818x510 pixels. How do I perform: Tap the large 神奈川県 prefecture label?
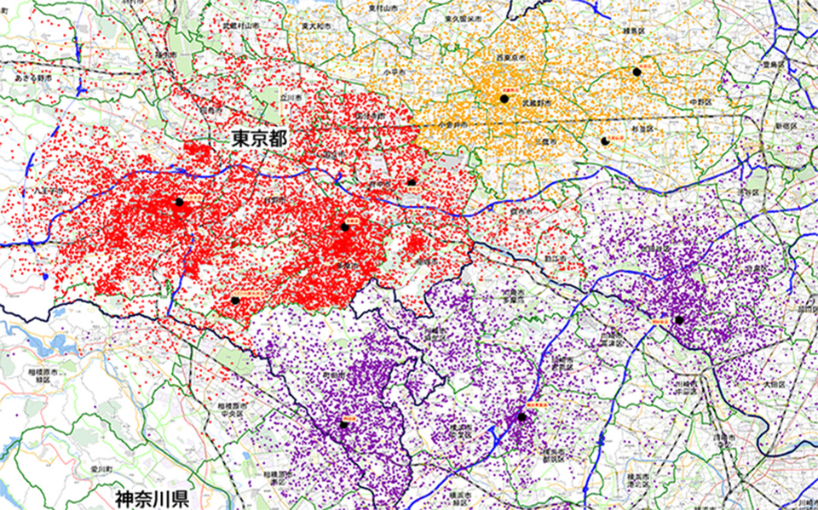tap(153, 496)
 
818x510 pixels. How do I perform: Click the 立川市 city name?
tap(292, 98)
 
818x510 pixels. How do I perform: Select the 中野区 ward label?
tap(701, 101)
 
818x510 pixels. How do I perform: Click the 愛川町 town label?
tap(101, 469)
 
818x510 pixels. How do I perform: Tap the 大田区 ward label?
tap(774, 385)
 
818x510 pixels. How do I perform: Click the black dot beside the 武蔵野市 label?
tap(504, 99)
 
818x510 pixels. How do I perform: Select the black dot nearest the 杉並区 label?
tap(605, 140)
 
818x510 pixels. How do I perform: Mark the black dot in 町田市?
tap(344, 424)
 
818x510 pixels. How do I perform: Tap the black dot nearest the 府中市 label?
tap(411, 182)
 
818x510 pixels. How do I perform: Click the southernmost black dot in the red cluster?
tap(235, 300)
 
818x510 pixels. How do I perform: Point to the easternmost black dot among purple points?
tap(679, 320)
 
